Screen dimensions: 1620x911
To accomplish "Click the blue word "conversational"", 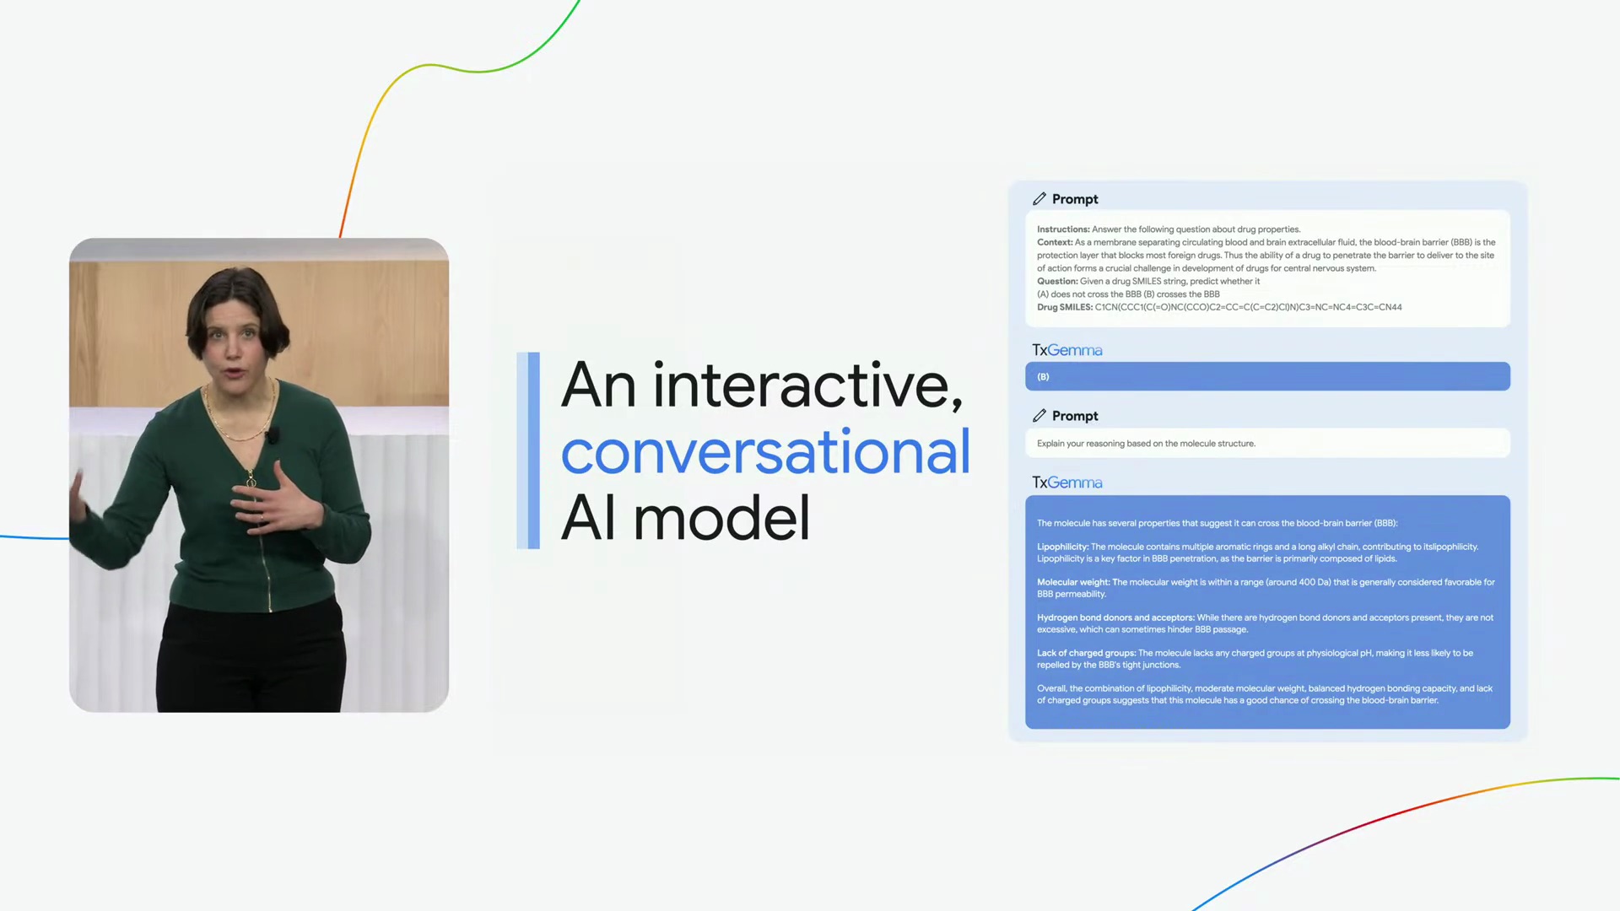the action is (x=765, y=452).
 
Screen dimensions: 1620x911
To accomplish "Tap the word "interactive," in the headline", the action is (x=807, y=385).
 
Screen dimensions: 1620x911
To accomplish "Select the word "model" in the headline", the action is (x=721, y=518).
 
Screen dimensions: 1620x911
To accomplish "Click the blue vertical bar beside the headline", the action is (x=528, y=450).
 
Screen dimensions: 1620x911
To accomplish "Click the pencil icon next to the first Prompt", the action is (x=1039, y=199).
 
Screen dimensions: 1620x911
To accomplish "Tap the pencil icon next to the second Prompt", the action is (x=1039, y=416).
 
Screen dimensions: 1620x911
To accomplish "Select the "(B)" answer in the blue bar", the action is (x=1043, y=377).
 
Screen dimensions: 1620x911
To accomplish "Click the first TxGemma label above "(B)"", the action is (x=1067, y=350).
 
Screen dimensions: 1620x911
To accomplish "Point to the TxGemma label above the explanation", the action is (x=1067, y=482).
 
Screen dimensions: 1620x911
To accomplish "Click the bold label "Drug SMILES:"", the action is (x=1065, y=307).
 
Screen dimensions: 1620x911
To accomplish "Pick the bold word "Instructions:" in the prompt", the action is (x=1063, y=229).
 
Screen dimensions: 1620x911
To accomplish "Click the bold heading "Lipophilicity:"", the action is (x=1062, y=547).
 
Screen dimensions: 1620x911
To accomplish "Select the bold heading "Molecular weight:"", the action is (x=1073, y=582).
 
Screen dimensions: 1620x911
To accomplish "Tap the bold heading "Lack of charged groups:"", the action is (x=1086, y=653).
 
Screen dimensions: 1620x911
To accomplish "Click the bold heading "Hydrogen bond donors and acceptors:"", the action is (x=1115, y=617).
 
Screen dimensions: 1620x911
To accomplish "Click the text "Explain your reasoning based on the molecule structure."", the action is (x=1146, y=444).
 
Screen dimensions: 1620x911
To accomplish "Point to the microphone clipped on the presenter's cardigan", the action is (x=272, y=435).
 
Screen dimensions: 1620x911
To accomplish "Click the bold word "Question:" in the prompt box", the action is (x=1057, y=282).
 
